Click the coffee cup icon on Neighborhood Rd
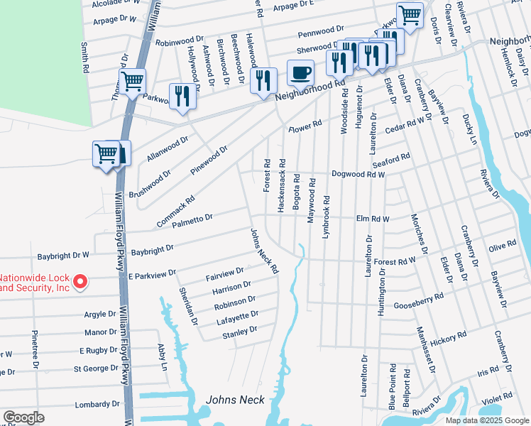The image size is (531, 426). click(301, 72)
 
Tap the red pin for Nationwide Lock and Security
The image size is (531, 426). click(80, 283)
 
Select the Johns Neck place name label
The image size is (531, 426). click(231, 400)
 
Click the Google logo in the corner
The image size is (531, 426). click(24, 417)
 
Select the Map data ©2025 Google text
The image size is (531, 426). click(486, 420)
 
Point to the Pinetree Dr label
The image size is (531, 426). click(35, 349)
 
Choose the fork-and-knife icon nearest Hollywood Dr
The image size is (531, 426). click(182, 96)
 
